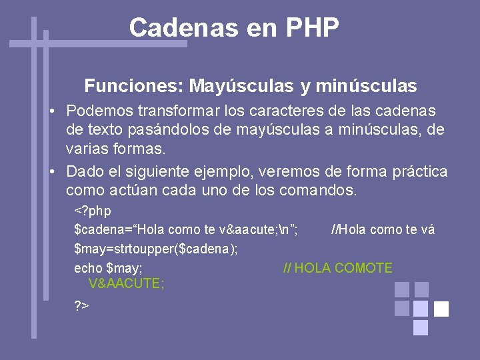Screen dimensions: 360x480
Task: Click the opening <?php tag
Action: (x=93, y=211)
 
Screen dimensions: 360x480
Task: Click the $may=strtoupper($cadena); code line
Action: (x=156, y=249)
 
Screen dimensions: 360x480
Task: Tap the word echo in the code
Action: (x=87, y=268)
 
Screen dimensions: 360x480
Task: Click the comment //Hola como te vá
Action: (x=383, y=230)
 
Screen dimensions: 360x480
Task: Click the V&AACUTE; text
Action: (x=126, y=283)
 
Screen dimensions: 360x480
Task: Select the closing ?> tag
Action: (x=82, y=306)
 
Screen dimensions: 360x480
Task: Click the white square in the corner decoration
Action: (x=441, y=309)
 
